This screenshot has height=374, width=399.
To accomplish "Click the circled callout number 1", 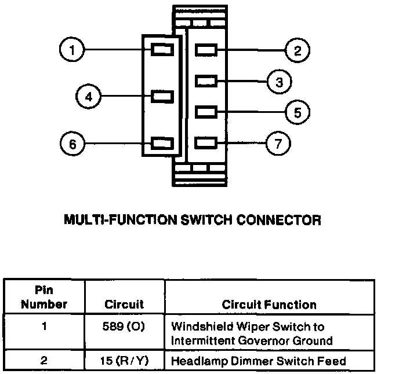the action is tap(72, 49).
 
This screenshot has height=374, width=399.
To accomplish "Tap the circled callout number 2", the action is tap(297, 50).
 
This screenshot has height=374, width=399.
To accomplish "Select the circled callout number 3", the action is tap(279, 82).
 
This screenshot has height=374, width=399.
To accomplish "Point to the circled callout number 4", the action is tap(88, 97).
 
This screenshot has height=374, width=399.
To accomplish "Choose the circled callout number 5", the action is tap(297, 112).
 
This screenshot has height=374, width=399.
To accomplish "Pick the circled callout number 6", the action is tap(72, 144).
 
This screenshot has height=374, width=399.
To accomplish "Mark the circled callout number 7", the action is tap(278, 144).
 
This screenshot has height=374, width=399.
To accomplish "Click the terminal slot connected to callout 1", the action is tap(162, 49).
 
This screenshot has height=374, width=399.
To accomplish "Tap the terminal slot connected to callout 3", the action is tap(206, 81).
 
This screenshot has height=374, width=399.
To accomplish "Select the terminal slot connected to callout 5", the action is tap(206, 112).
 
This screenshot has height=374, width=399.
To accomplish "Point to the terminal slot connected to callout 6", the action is tap(162, 144).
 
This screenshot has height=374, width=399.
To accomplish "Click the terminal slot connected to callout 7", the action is tap(206, 143).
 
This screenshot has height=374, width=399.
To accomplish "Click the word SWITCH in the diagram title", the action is tap(206, 220).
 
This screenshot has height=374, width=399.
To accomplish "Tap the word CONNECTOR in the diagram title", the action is tap(278, 220).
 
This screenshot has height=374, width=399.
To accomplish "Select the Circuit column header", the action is tap(124, 304).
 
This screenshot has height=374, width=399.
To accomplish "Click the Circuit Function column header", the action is tap(269, 305).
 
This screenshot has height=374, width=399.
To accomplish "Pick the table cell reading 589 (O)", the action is tap(124, 326).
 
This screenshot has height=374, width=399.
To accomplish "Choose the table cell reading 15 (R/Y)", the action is tap(124, 361).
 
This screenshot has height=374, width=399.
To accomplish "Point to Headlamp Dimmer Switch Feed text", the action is tap(259, 361).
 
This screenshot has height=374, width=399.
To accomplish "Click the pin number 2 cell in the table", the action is tap(44, 360).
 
